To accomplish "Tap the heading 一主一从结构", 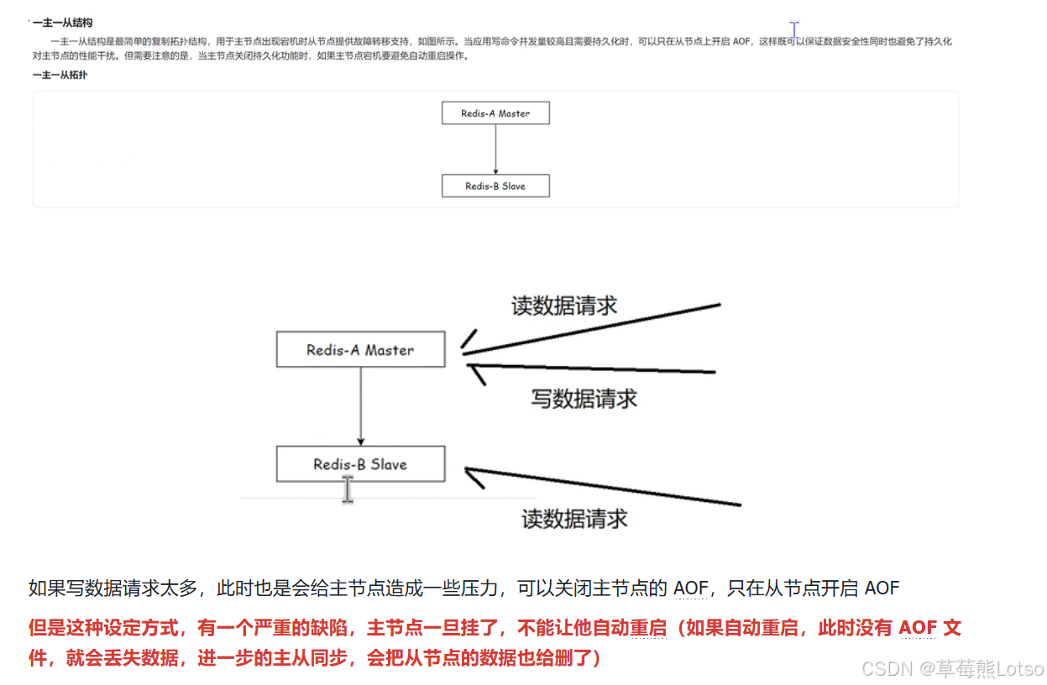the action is point(63,23).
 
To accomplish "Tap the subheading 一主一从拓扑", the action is point(60,75).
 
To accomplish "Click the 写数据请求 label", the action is point(584,399).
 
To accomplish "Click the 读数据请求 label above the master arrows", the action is point(564,306).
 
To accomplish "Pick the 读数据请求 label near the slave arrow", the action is point(574,519).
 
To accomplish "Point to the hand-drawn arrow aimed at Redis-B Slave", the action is point(603,486).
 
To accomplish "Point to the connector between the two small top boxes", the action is point(496,149).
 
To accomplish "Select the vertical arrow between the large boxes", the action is point(360,406).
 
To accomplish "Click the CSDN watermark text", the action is point(953,669).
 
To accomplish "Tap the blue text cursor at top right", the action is point(794,29).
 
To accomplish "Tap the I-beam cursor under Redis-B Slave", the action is point(348,489).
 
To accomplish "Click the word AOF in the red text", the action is point(918,628).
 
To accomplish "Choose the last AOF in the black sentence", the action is point(882,588).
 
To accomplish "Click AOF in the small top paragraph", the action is point(741,42).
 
